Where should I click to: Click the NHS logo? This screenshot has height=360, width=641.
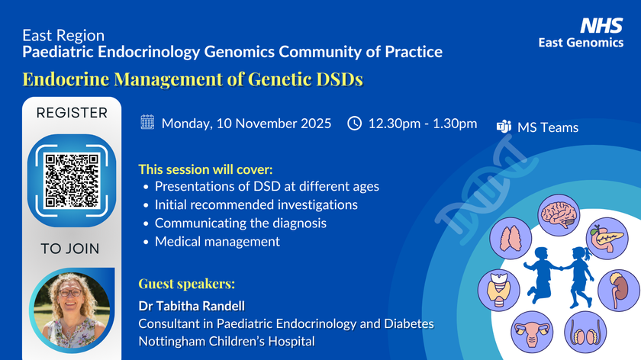[x=601, y=25]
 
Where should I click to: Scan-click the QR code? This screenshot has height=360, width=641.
[x=72, y=181]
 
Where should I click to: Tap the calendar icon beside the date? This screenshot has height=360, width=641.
[x=147, y=122]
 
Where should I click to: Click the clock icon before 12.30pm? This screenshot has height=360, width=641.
[x=354, y=123]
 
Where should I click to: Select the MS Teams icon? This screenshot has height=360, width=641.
[x=504, y=127]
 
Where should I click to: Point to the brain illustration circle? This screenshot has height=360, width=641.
[x=559, y=215]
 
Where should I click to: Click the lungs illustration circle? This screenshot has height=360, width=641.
[x=511, y=239]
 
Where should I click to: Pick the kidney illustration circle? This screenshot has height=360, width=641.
[x=619, y=290]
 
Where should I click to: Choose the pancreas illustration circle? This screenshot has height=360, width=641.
[x=607, y=238]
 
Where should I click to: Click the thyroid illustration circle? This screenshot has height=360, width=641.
[x=499, y=290]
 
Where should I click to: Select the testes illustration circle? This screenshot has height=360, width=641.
[x=585, y=332]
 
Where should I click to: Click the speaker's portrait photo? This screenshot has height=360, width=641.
[x=72, y=310]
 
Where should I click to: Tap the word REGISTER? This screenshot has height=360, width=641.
[x=72, y=113]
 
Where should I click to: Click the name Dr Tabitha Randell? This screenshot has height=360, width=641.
[x=192, y=306]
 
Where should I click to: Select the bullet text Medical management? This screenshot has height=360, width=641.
[x=217, y=242]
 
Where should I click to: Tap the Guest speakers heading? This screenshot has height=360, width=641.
[x=187, y=284]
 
